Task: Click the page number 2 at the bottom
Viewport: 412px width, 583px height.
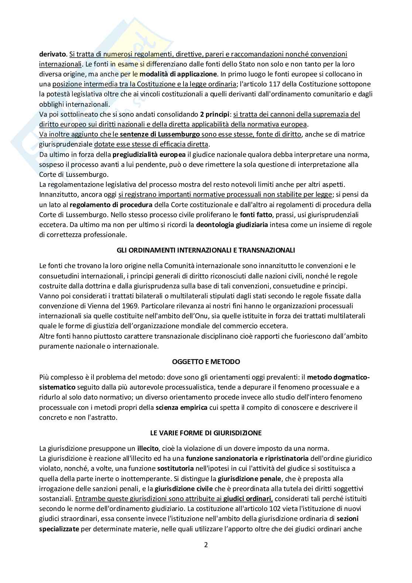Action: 206,545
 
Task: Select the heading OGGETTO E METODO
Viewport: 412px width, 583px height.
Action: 206,361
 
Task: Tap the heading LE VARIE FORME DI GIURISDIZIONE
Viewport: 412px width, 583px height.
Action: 206,432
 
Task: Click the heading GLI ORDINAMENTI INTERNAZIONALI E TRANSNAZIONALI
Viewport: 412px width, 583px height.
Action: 206,250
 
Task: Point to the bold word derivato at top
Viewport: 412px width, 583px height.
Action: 53,54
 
